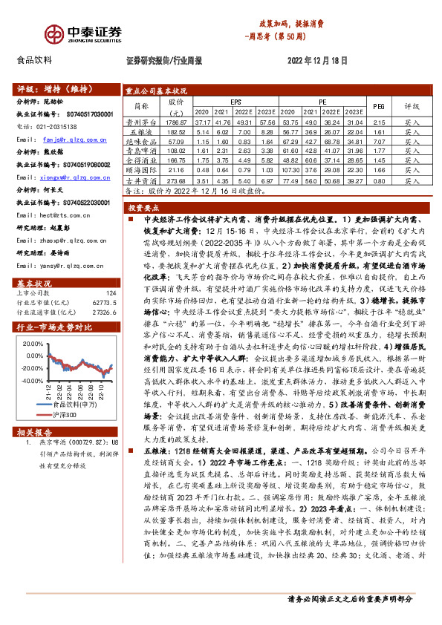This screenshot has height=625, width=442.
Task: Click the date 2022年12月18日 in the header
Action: point(316,59)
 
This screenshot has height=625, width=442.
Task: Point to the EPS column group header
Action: point(235,101)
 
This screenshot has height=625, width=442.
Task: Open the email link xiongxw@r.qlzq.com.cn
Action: point(74,177)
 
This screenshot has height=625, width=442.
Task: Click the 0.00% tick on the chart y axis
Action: point(34,356)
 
